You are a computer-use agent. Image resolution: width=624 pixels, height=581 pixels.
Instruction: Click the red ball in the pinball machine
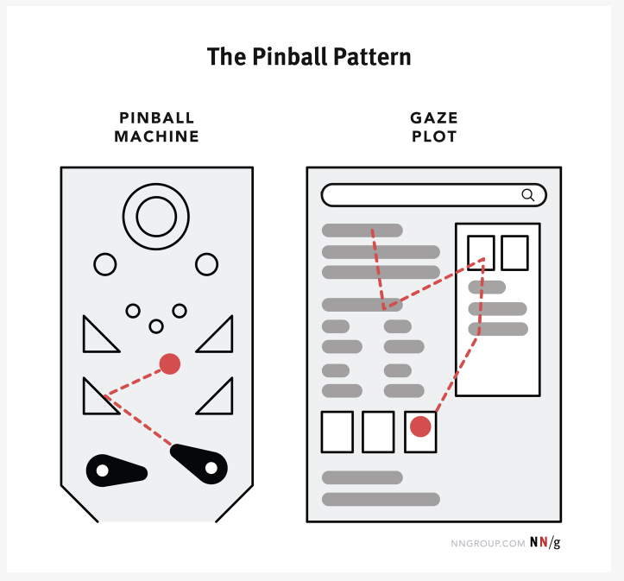(170, 363)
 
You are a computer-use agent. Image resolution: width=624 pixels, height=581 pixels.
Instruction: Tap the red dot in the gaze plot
(420, 426)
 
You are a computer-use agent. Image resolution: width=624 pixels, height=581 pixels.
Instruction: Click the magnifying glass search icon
(528, 195)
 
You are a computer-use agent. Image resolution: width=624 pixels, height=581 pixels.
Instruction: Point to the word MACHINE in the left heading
(156, 136)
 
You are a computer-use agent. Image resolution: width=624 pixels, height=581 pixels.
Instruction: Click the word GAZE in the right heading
(434, 117)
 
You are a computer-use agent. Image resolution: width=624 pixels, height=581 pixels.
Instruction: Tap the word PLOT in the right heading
(434, 136)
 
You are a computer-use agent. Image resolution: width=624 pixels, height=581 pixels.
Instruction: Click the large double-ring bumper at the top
(156, 184)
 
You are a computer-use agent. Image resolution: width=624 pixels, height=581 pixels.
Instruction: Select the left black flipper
(117, 470)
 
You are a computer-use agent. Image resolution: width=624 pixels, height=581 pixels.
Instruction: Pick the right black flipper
(199, 464)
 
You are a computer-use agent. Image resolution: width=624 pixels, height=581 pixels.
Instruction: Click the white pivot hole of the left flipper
(103, 470)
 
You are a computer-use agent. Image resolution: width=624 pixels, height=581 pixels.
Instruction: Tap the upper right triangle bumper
(231, 334)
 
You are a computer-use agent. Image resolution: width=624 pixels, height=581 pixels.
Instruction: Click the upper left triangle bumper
(84, 334)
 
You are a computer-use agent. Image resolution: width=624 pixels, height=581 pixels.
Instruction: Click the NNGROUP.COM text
(488, 544)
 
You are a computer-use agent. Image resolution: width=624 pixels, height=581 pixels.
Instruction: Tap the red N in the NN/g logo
(543, 542)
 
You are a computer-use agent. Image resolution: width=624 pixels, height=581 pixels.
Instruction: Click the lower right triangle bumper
(231, 396)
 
